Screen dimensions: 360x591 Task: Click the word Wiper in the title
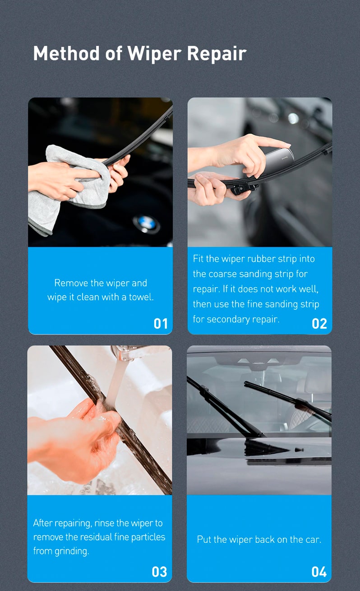[155, 53]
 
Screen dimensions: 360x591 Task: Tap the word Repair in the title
[217, 54]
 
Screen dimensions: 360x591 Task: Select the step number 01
[161, 323]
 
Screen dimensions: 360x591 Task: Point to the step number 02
[319, 323]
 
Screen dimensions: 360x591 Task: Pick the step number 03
[159, 572]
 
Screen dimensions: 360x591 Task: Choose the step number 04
[319, 572]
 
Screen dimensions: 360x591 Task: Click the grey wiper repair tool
[278, 161]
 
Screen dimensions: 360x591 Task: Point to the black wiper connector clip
[242, 188]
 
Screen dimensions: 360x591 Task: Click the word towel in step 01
[141, 297]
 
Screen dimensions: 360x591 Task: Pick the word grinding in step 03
[72, 551]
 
